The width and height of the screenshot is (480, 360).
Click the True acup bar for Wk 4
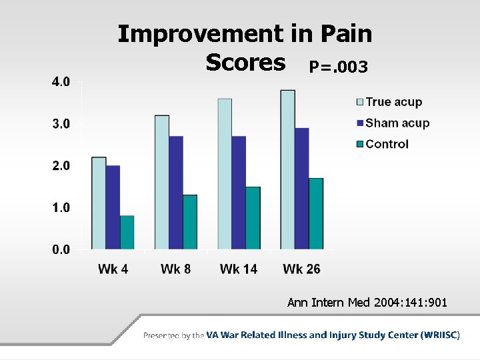[99, 203]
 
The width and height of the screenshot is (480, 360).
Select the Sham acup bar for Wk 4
[113, 207]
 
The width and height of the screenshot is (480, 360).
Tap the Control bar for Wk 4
[127, 233]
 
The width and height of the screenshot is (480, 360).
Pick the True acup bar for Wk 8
[161, 183]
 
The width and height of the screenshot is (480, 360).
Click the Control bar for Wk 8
[190, 222]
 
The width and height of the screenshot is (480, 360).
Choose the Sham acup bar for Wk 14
[239, 193]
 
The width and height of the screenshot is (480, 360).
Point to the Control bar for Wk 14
[253, 218]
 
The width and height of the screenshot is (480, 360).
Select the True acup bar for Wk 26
[287, 170]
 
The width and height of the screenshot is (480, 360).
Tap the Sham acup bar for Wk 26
[301, 189]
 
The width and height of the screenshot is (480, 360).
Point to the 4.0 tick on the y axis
[61, 82]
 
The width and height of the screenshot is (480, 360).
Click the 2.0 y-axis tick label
[61, 165]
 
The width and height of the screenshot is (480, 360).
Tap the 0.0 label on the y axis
[61, 249]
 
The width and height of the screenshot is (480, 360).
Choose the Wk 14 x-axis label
[239, 269]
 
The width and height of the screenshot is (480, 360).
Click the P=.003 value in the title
[337, 67]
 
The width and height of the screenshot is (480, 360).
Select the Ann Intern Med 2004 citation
[367, 303]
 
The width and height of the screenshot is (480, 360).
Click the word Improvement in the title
[200, 33]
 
